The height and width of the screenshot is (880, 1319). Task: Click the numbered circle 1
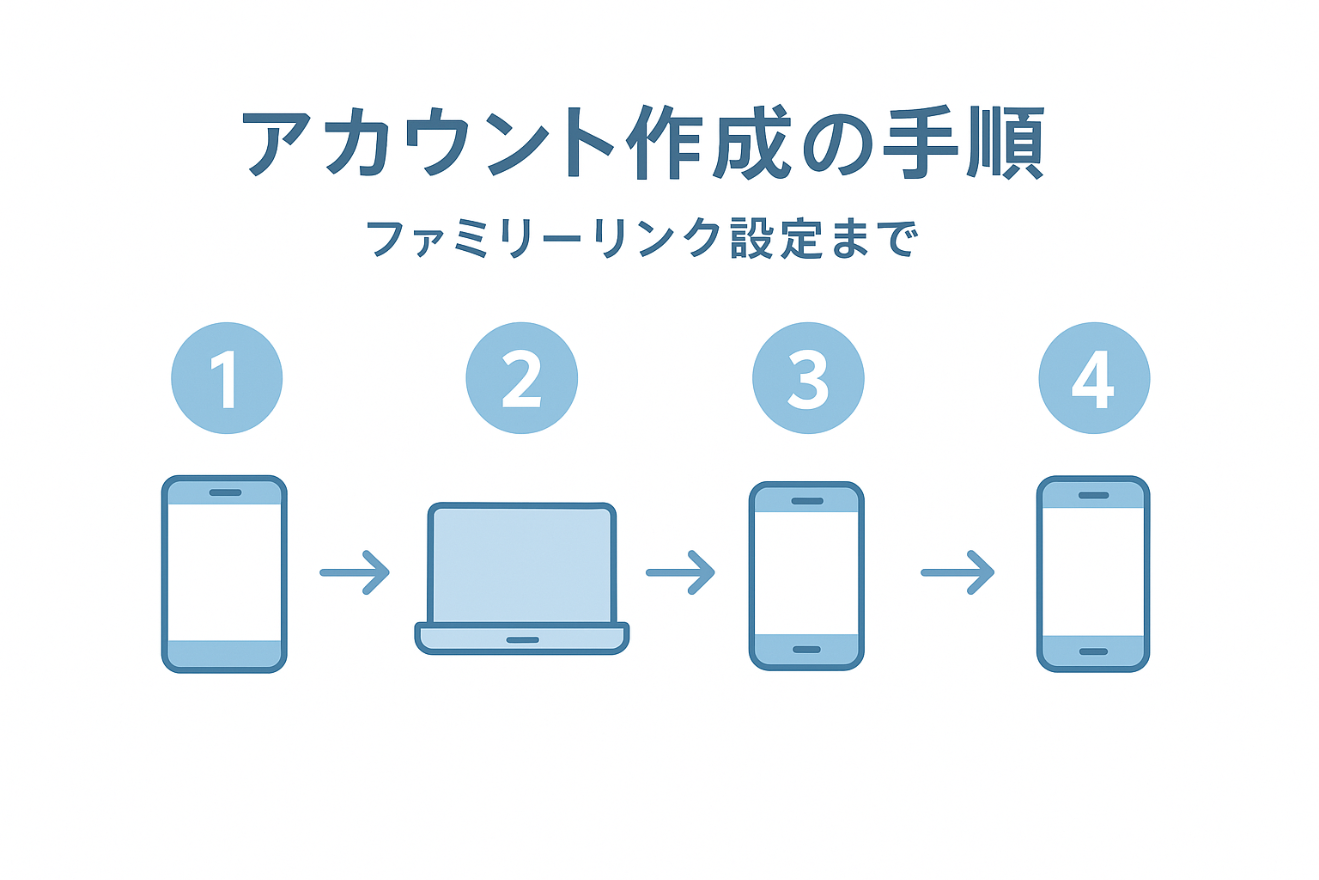coord(227,378)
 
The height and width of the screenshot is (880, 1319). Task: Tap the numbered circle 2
coord(521,378)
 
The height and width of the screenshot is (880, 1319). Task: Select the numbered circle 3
coord(808,378)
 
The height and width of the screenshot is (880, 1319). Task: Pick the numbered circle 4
coord(1094,378)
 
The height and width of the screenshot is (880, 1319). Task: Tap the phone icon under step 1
coord(224,573)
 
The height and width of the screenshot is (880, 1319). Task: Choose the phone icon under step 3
coord(806,575)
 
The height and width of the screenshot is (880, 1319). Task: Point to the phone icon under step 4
coord(1093,573)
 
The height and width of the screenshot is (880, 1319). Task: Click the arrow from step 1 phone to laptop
coord(355,572)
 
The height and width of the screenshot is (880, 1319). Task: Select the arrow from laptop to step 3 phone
coord(680,572)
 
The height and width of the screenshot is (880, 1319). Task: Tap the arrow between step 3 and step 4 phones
coord(957,572)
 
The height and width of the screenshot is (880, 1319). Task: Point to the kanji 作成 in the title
coord(708,143)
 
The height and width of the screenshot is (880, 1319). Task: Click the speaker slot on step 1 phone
coord(225,492)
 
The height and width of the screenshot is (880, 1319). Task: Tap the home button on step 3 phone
coord(806,650)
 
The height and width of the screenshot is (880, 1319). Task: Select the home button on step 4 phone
coord(1093,651)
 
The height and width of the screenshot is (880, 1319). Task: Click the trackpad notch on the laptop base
coord(522,640)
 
